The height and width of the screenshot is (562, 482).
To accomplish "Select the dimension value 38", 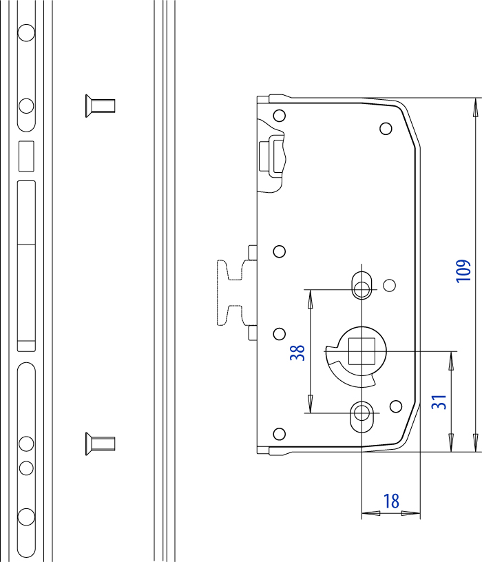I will pos(297,353).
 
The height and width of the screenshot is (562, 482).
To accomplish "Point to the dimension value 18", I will pos(391,501).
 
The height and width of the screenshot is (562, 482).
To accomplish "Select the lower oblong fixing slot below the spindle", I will pos(362,413).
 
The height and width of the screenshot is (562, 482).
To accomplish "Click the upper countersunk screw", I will pos(100,105).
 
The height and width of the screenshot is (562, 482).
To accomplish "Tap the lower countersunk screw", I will pos(100,441).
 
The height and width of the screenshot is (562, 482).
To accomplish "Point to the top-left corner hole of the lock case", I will pos(279,116).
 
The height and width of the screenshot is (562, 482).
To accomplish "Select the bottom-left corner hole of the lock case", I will pos(279,433).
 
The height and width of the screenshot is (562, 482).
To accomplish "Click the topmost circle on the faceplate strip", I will pos(26,33).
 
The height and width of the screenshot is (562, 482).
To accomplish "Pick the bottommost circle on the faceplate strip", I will pos(26,517).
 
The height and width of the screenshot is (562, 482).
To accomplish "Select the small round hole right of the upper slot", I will pos(389,284).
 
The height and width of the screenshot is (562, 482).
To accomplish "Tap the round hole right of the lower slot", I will pos(396,405).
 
